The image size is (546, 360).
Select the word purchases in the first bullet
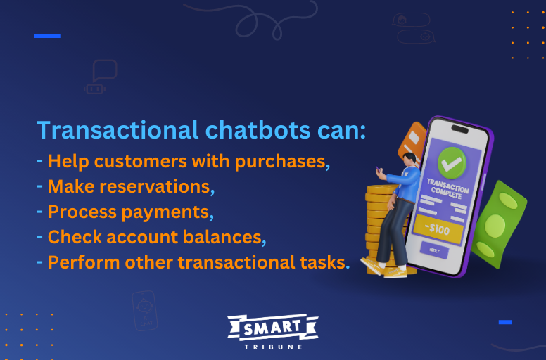(x=280, y=162)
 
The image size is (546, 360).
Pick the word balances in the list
(x=219, y=238)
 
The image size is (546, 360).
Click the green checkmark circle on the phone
(x=452, y=162)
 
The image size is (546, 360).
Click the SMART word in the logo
(x=272, y=328)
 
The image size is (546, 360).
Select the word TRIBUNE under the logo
(x=273, y=346)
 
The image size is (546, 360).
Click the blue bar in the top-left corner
(x=47, y=35)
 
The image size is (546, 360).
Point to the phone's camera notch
(x=459, y=129)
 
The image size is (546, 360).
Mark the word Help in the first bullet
(x=68, y=162)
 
